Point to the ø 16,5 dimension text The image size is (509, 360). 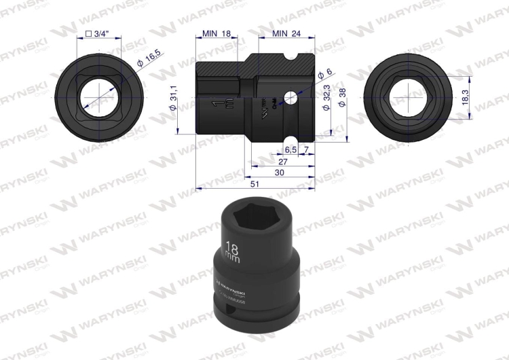click(149, 62)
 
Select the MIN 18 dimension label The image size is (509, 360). click(217, 33)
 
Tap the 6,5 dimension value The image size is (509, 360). click(290, 148)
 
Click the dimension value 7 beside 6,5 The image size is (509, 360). click(307, 148)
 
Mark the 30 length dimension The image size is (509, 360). click(280, 174)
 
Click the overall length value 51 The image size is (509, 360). click(254, 184)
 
